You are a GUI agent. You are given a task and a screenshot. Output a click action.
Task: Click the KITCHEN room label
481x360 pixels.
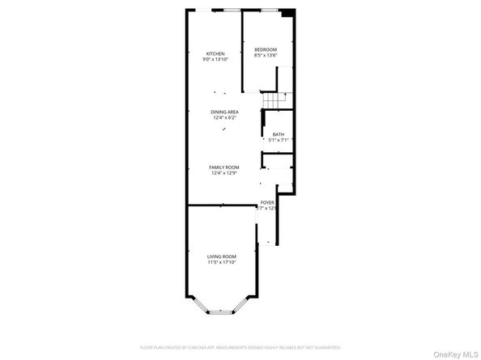click(x=215, y=53)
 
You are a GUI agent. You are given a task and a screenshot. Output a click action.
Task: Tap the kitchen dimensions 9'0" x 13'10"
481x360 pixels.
click(x=215, y=59)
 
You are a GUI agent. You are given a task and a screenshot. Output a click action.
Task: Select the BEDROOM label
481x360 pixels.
click(x=266, y=49)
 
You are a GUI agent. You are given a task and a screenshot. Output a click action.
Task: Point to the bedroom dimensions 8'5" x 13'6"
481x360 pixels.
click(x=266, y=55)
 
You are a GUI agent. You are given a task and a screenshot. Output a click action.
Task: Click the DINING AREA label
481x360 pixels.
click(x=223, y=112)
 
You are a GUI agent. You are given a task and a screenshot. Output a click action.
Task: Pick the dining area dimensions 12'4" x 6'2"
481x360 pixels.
click(x=223, y=118)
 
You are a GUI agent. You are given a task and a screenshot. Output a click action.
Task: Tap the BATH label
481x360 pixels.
click(x=278, y=134)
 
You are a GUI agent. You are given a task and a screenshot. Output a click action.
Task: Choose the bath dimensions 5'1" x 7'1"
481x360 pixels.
click(x=278, y=140)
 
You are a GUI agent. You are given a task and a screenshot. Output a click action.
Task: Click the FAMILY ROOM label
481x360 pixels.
click(x=223, y=167)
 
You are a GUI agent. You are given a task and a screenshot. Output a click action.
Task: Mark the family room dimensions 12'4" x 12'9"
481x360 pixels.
click(x=223, y=172)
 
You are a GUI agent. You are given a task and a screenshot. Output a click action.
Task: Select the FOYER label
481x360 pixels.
click(x=266, y=202)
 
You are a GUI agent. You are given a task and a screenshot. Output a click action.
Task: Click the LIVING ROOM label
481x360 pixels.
click(x=220, y=256)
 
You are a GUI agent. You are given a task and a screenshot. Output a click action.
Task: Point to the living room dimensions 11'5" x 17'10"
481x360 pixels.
click(x=220, y=262)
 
